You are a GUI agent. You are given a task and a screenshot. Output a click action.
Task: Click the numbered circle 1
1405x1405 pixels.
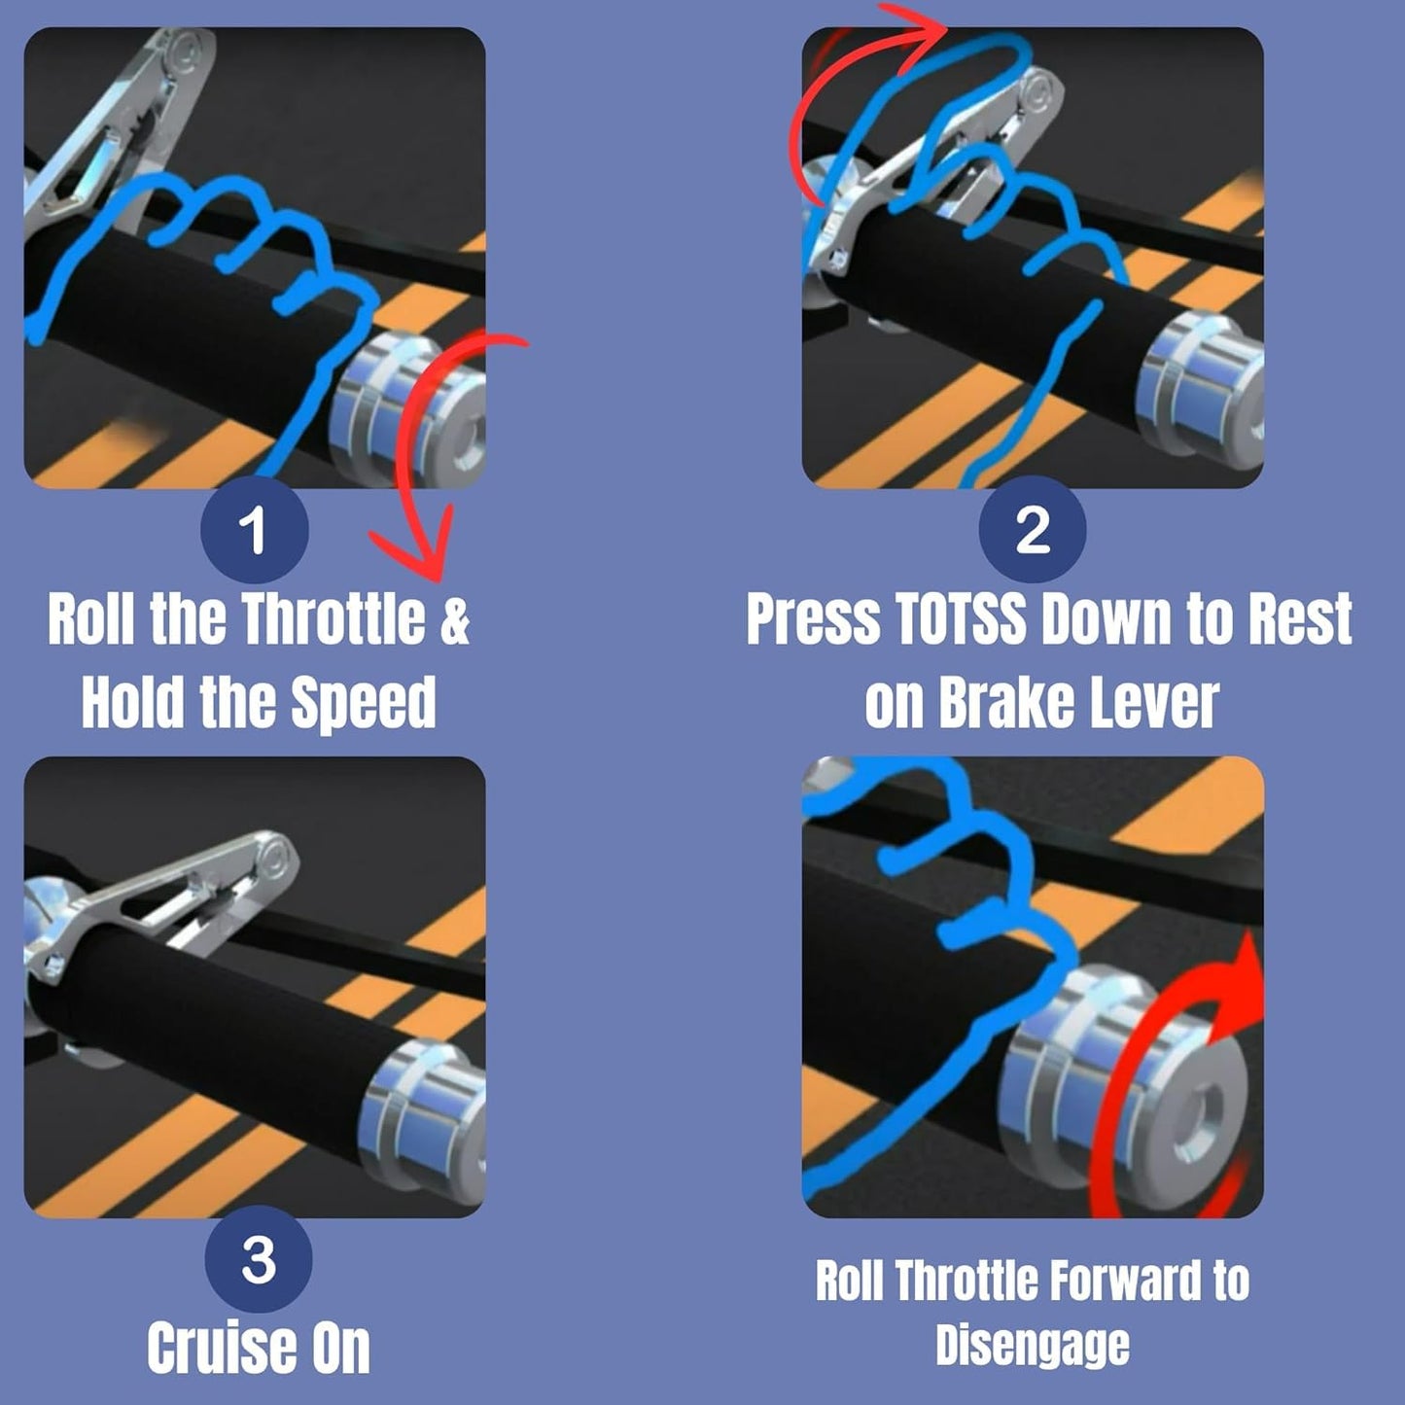[x=255, y=530]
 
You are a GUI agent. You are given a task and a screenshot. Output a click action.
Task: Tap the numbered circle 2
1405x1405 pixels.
[x=1033, y=530]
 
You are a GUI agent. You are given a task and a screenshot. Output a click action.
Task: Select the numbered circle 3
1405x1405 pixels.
[x=258, y=1259]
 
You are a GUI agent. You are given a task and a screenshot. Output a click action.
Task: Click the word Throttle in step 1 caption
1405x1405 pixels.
[x=333, y=618]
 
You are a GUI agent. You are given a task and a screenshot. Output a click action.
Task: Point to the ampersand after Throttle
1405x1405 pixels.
[x=454, y=619]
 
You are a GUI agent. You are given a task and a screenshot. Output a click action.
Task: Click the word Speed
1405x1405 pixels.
[x=363, y=702]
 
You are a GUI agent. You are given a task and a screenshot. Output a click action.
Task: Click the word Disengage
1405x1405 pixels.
[x=1033, y=1345]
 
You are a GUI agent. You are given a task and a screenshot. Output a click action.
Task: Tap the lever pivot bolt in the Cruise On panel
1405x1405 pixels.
[x=275, y=853]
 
